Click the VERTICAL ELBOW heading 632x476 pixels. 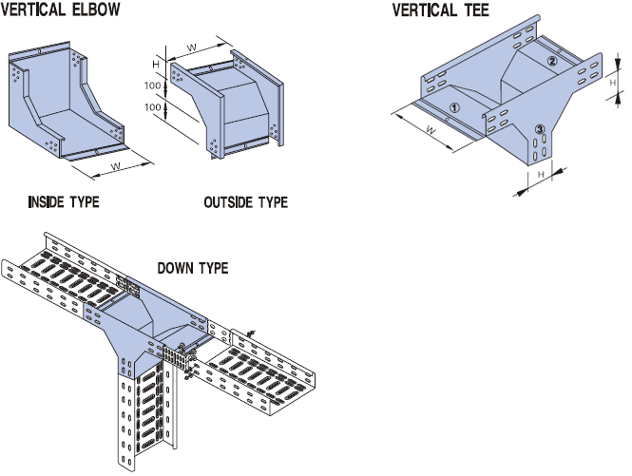click(63, 10)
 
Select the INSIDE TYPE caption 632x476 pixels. click(64, 202)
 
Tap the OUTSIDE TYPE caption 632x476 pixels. click(245, 202)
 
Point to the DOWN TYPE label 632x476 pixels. click(192, 268)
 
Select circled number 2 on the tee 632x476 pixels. click(552, 61)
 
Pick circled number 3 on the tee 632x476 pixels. click(539, 129)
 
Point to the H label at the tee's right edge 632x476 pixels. click(613, 85)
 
